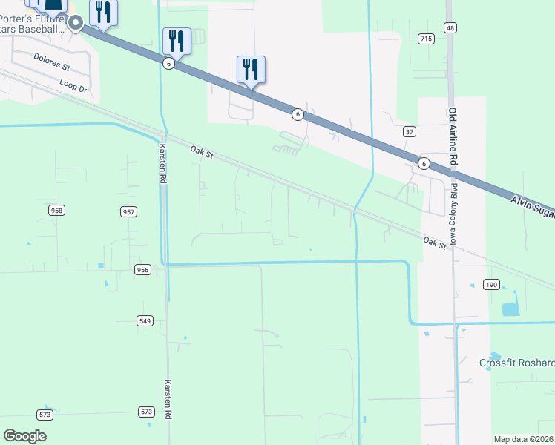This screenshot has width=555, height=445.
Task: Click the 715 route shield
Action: tap(425, 39)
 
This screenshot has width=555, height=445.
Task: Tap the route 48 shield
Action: tap(450, 27)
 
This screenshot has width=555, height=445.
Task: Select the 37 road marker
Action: tap(409, 131)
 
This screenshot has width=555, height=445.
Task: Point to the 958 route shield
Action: tap(56, 211)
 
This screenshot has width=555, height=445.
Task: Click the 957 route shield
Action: tap(128, 212)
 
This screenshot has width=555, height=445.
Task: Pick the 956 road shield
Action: tap(143, 269)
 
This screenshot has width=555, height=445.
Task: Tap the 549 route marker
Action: tap(145, 320)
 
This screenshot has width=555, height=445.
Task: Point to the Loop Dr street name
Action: tap(73, 84)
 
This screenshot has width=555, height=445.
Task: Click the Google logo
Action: tap(24, 436)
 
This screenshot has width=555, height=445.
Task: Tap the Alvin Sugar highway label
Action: tap(533, 207)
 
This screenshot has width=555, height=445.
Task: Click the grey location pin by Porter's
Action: tap(75, 24)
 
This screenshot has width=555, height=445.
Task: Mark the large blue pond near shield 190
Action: tap(510, 309)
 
